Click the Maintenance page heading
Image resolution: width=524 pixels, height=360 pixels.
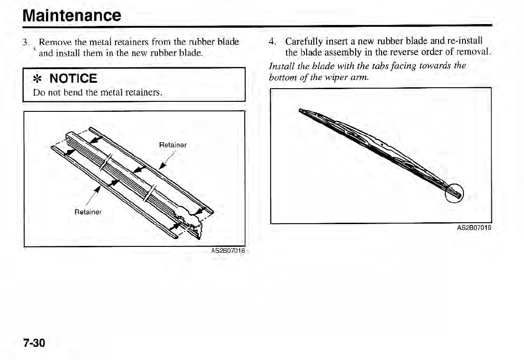pyautogui.click(x=72, y=15)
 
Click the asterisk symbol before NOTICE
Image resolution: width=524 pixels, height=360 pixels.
pyautogui.click(x=39, y=79)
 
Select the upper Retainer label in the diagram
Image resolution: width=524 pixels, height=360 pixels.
pyautogui.click(x=173, y=145)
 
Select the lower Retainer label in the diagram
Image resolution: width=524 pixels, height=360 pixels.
pyautogui.click(x=89, y=212)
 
